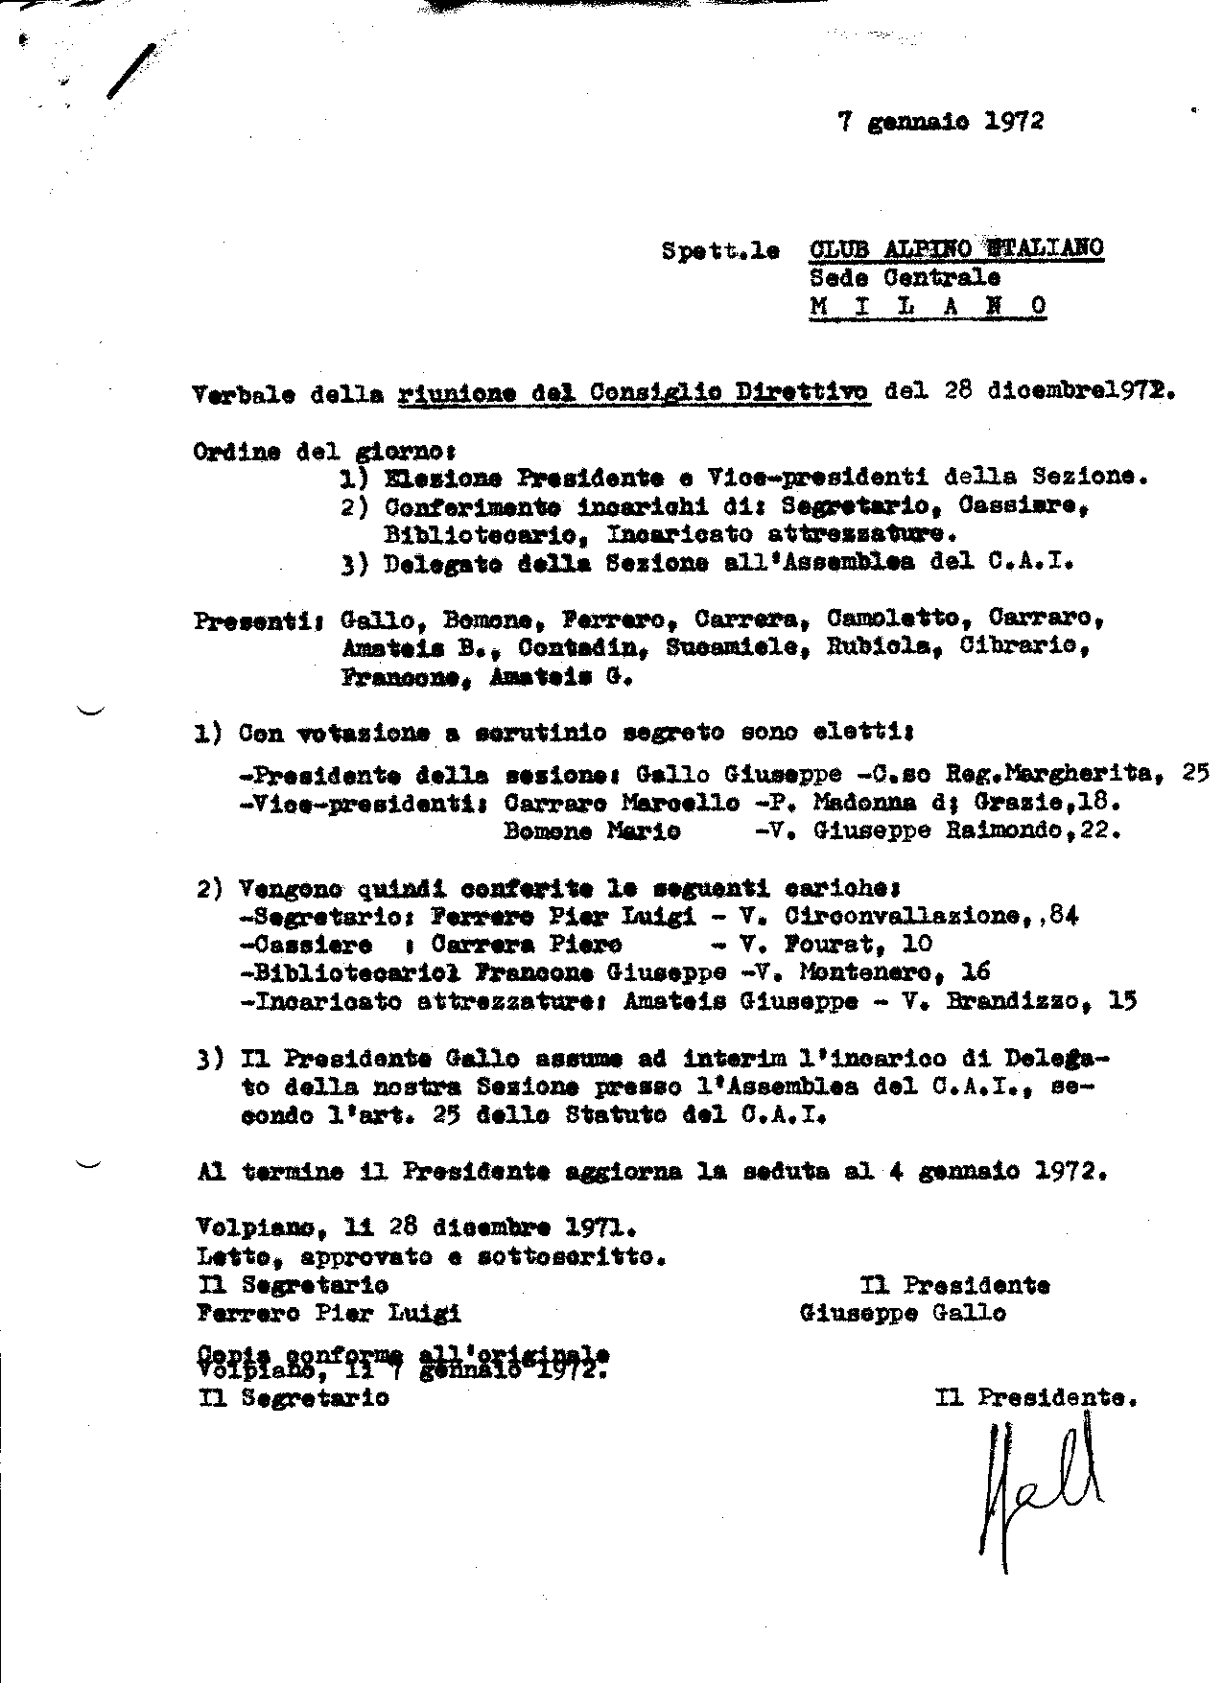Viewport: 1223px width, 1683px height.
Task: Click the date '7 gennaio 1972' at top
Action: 940,122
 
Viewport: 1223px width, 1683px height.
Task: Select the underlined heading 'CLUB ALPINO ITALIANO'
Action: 956,248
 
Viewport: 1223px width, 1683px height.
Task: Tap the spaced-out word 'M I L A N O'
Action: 927,306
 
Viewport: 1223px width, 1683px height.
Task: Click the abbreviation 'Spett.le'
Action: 719,251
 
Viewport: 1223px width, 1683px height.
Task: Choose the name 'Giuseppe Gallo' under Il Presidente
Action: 903,1313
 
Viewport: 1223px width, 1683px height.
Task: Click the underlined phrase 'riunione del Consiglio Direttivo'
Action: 634,393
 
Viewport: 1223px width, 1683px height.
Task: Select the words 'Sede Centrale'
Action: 905,278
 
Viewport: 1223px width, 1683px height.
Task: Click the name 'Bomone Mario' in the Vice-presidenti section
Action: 592,830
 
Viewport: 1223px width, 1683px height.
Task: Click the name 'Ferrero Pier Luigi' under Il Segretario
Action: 329,1313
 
